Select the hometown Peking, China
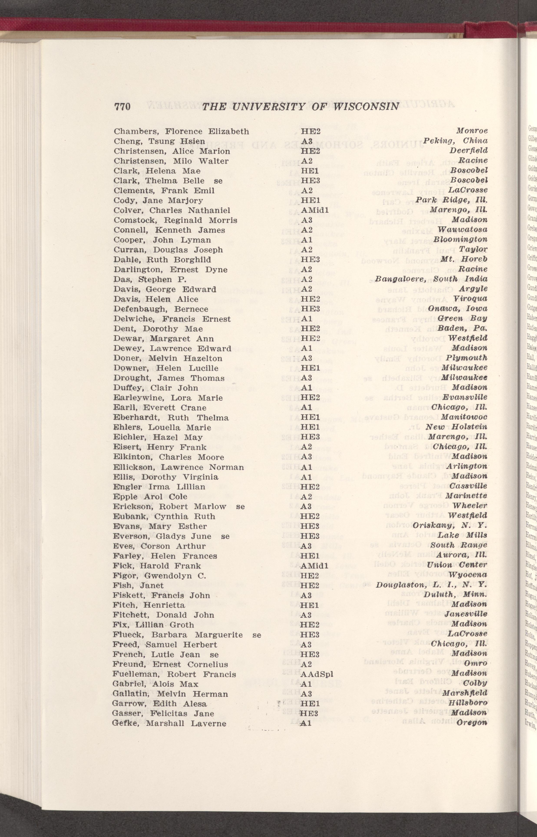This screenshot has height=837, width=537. coord(455,141)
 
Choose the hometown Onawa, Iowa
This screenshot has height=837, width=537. coord(458,309)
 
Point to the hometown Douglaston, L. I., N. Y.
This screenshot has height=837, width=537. coord(431,585)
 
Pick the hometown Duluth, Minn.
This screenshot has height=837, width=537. coord(455,595)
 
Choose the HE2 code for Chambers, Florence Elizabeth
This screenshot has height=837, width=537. coord(311,131)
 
